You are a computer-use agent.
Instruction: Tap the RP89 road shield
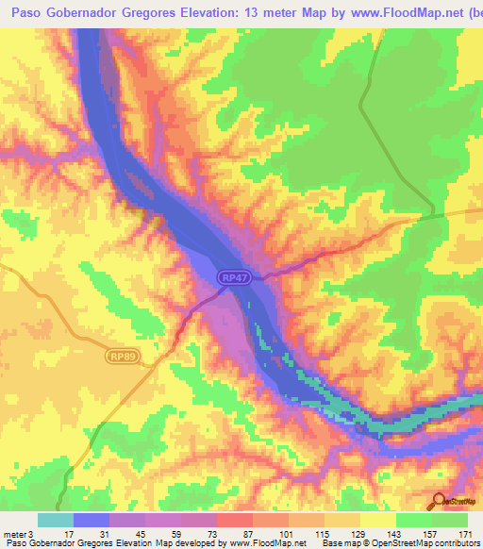120,357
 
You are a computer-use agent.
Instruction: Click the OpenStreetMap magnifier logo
440,502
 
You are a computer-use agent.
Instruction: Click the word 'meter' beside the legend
14,535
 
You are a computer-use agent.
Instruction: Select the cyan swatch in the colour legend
56,520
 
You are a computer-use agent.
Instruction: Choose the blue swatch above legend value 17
92,520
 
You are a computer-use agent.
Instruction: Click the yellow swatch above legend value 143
377,520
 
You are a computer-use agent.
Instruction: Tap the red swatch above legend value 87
235,520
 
